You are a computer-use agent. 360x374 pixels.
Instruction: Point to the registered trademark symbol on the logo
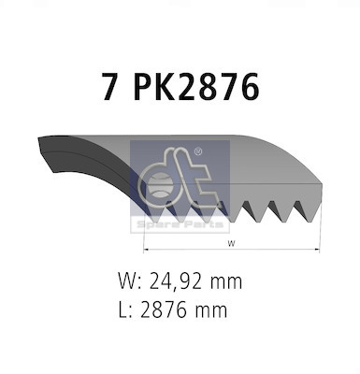pyautogui.click(x=197, y=151)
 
